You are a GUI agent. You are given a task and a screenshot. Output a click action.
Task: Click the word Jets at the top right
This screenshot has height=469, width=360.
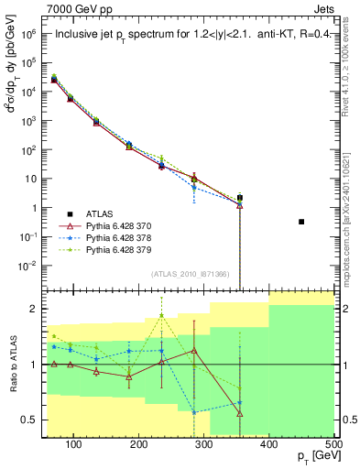pos(323,8)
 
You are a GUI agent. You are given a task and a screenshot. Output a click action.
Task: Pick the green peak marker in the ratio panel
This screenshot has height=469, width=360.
pos(162,315)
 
